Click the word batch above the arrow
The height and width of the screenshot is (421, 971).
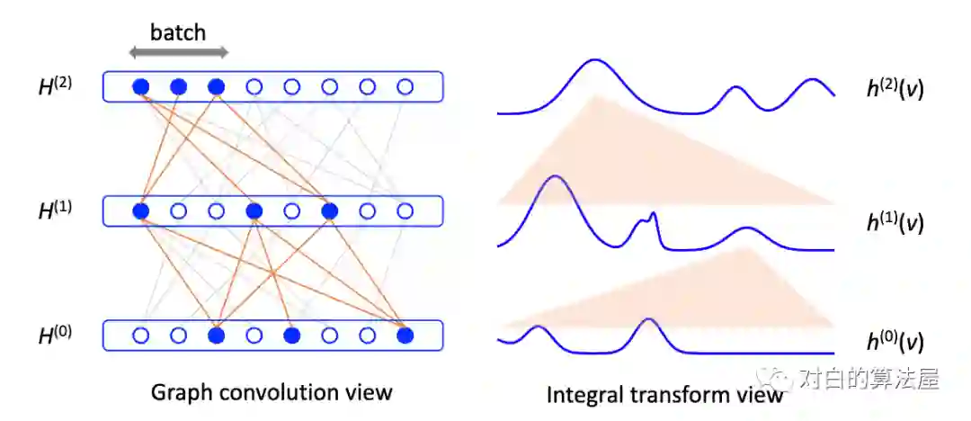coord(178,33)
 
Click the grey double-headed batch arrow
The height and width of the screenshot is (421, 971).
coord(178,53)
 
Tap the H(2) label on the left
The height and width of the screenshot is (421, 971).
coord(56,87)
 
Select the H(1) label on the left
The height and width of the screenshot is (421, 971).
coord(56,211)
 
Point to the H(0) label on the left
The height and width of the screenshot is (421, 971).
coord(56,336)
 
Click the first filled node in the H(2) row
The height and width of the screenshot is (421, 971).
coord(140,87)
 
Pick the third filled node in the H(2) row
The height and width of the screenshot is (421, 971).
coord(216,87)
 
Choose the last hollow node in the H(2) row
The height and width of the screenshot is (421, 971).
coord(405,87)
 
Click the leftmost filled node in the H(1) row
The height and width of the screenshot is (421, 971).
coord(140,211)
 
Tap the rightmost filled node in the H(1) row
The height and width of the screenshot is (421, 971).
coord(329,211)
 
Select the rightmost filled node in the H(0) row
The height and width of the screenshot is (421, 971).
coord(405,336)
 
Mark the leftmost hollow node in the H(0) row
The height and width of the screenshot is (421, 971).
coord(140,336)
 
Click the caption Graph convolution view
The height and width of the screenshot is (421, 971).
coord(272,392)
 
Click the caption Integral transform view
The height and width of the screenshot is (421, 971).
coord(665,394)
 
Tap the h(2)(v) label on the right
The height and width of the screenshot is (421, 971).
coord(894,90)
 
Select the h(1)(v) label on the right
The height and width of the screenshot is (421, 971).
coord(894,223)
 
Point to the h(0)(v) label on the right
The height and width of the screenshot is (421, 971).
coord(894,343)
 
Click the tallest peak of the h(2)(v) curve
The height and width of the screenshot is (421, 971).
coord(593,60)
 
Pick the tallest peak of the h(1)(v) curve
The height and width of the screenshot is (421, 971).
coord(555,177)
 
